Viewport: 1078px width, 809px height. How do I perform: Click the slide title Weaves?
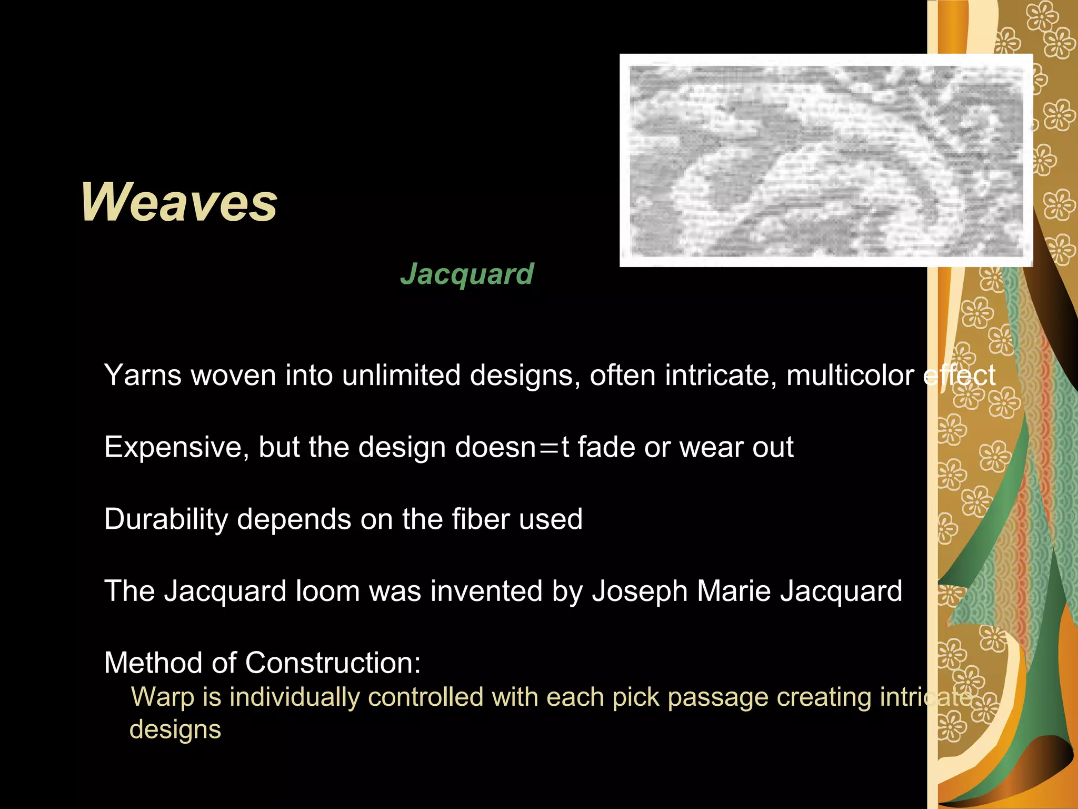[x=179, y=203]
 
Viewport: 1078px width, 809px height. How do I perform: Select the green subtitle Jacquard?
[x=467, y=274]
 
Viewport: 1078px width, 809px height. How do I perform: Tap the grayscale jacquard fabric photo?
[x=826, y=160]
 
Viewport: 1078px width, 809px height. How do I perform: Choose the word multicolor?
[x=850, y=376]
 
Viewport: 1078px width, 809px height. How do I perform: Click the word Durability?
[x=166, y=519]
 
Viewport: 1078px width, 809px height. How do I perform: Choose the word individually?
[x=294, y=698]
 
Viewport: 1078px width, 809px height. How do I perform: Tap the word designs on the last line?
[x=175, y=730]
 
